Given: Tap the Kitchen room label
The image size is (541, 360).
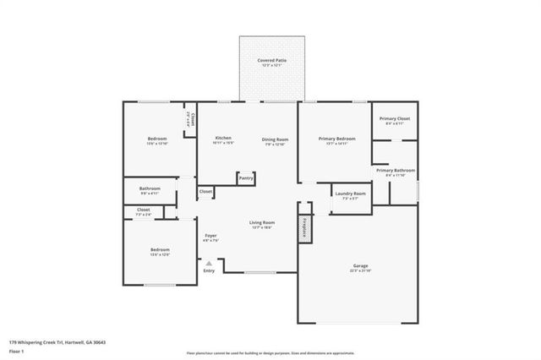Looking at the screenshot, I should tap(223, 139).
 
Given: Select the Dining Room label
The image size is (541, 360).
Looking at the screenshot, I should tap(275, 139).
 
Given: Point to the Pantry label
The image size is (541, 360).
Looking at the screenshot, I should tap(246, 178).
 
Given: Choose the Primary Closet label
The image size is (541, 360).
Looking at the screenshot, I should tap(394, 119).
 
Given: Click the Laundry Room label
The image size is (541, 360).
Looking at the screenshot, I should tap(349, 195).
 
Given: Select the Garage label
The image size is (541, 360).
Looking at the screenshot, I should tap(359, 266).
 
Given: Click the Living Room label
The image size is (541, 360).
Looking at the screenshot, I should tap(261, 224).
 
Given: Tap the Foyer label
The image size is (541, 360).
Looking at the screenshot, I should tap(210, 237).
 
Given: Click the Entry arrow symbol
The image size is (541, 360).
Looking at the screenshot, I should tap(209, 264).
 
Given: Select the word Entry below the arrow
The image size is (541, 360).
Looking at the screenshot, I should tap(209, 271).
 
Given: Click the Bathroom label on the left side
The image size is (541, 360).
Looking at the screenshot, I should tap(150, 189).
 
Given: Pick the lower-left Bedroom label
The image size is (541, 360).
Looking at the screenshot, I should tap(160, 250).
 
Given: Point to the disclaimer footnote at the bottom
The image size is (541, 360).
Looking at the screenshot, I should tap(270, 352).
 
